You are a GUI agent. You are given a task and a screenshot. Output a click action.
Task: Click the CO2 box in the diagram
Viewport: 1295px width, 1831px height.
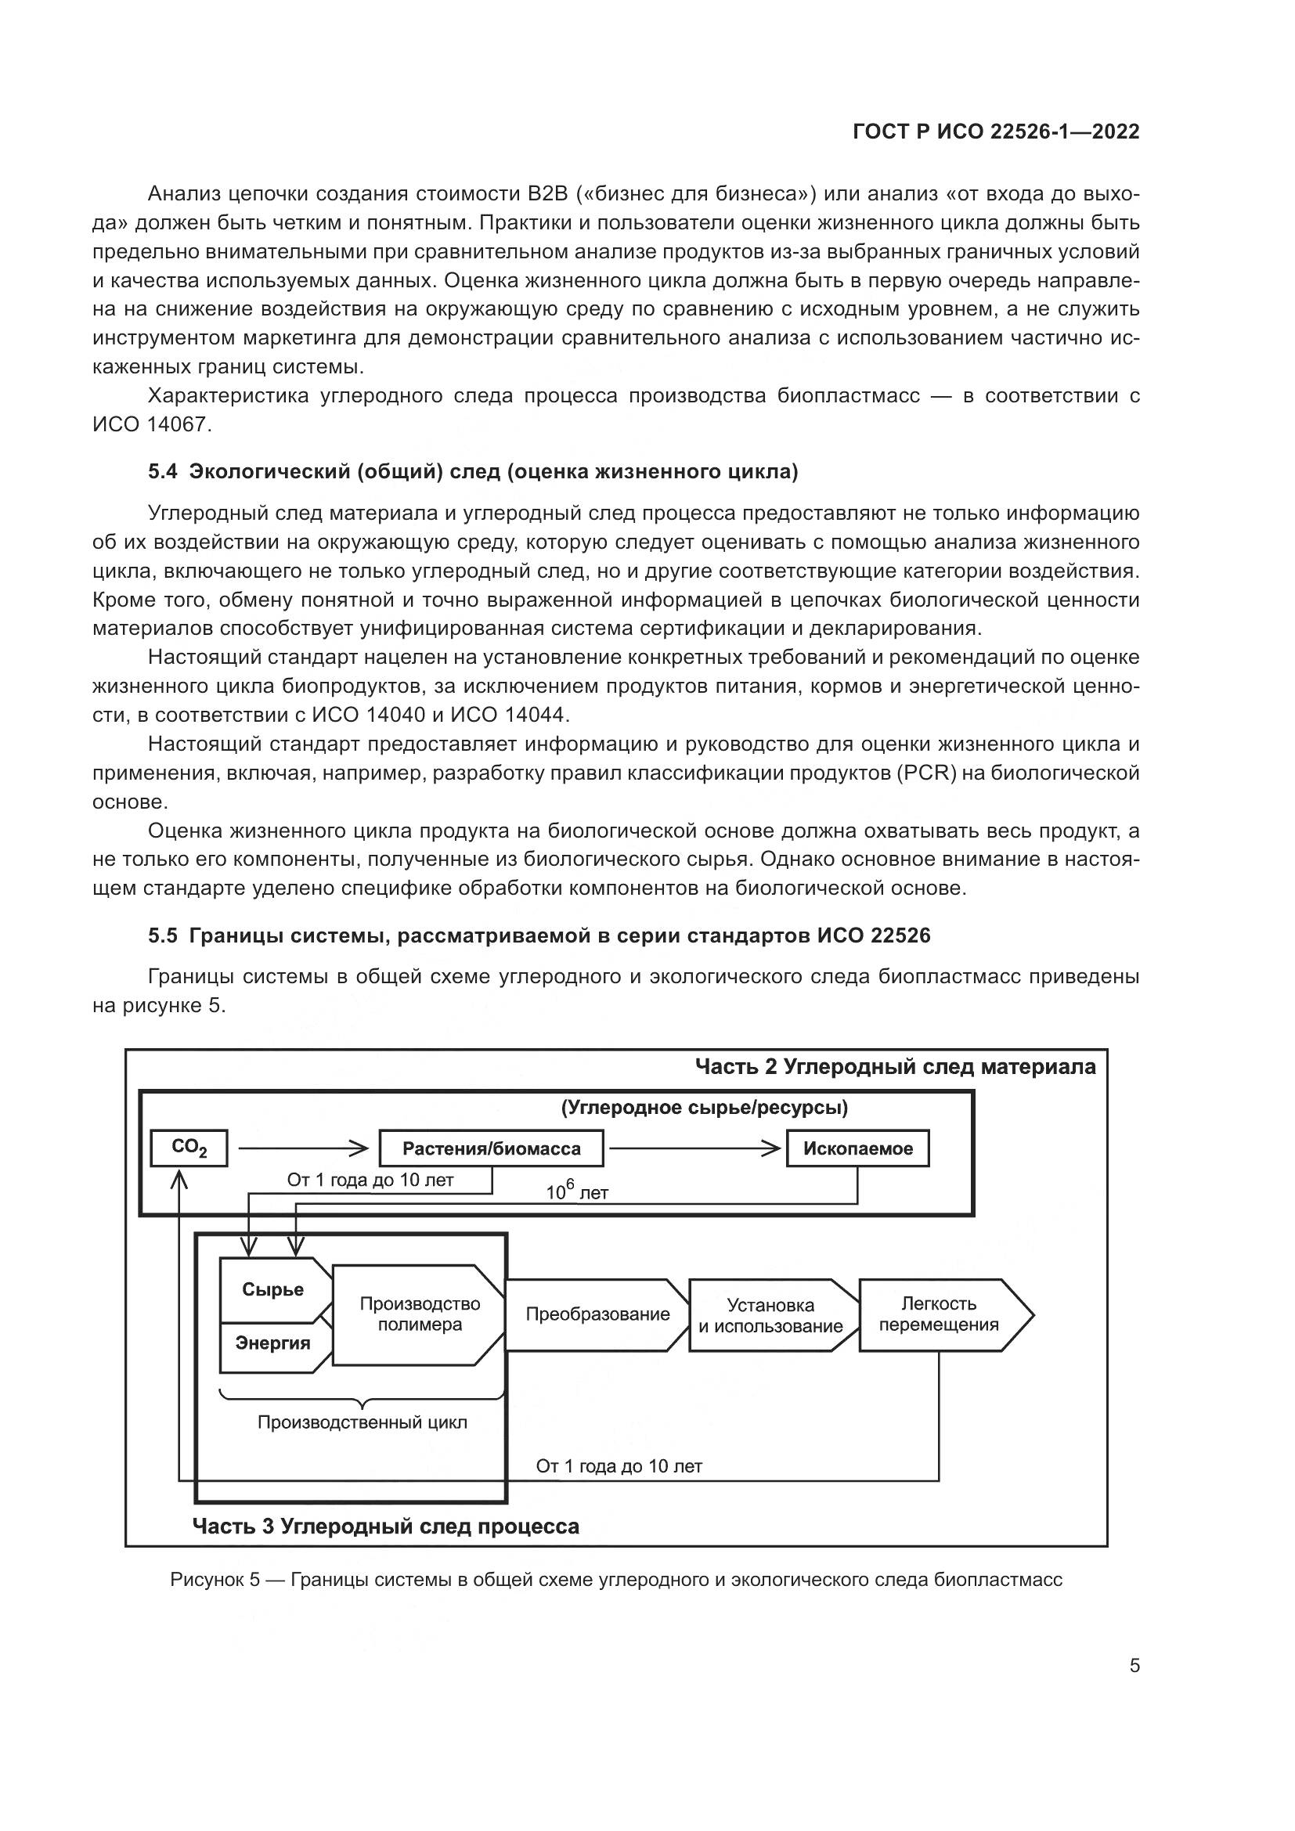pyautogui.click(x=189, y=1148)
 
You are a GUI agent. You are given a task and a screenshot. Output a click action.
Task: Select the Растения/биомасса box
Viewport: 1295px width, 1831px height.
pyautogui.click(x=491, y=1148)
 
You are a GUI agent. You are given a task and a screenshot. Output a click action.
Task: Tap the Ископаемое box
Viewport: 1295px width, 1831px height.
pyautogui.click(x=858, y=1148)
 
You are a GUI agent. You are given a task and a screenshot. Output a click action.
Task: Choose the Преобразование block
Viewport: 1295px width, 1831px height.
pyautogui.click(x=597, y=1314)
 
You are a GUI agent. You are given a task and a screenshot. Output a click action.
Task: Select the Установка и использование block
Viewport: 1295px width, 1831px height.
pyautogui.click(x=770, y=1315)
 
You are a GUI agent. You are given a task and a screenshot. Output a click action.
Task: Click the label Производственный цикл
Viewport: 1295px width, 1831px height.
pyautogui.click(x=362, y=1422)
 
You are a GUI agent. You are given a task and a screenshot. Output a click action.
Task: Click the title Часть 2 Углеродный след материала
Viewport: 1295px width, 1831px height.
pyautogui.click(x=895, y=1067)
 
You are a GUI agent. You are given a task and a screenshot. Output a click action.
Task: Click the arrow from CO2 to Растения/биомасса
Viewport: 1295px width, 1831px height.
pyautogui.click(x=303, y=1148)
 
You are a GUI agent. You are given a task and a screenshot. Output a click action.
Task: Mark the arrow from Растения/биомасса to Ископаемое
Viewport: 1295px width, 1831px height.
pyautogui.click(x=694, y=1148)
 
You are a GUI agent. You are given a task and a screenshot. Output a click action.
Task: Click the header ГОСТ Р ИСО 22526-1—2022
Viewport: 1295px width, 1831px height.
pyautogui.click(x=996, y=132)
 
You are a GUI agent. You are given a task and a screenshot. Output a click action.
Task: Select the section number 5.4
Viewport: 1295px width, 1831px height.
pyautogui.click(x=163, y=471)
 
